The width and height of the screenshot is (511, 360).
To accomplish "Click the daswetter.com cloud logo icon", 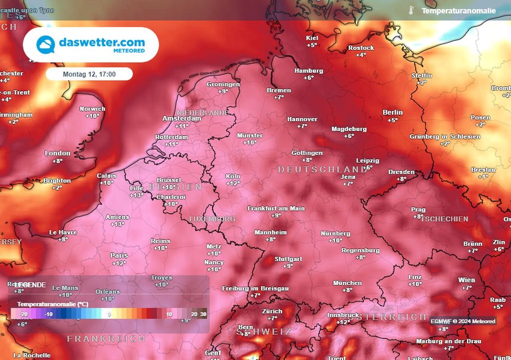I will point(46,45).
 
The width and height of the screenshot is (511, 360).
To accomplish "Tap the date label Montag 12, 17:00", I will point(89,74).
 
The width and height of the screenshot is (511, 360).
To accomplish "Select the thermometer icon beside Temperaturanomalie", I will point(411,10).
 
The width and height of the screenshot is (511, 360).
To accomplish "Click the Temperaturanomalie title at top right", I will point(459,10).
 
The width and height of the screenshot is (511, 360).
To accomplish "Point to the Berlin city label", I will point(393,113).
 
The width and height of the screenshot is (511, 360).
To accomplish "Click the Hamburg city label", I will point(308,71).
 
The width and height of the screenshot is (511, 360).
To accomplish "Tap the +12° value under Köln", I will point(233,183).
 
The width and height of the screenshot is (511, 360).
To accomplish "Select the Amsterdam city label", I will point(182,119).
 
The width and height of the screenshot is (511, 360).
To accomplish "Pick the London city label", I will point(57,154).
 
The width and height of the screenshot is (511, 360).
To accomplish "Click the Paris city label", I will point(119,256).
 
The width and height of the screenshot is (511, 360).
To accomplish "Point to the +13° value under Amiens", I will point(118,224).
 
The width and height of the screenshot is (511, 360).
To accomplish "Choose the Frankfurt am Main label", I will point(276,208).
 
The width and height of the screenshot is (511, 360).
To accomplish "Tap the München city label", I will point(347,283).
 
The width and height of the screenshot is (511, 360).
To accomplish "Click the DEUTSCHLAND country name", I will point(315,170).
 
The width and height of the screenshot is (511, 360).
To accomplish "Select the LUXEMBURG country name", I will point(212,219).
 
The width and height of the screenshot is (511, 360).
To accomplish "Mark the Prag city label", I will point(418,209).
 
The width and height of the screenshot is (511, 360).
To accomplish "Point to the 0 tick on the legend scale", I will point(109,315).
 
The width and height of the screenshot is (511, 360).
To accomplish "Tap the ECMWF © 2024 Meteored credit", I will point(463,321).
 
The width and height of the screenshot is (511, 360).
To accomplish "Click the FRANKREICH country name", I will point(106,339).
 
